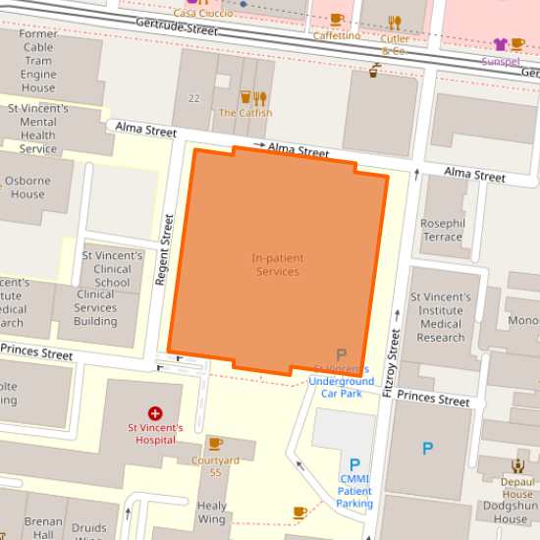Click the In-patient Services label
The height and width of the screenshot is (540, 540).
point(277,264)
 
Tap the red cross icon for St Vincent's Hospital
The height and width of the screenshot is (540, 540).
point(154,414)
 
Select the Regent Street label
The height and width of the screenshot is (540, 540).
point(165,250)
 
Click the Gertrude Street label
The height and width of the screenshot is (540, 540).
point(177,29)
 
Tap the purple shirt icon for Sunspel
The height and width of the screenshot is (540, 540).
point(501,44)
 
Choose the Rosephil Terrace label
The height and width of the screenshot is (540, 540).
point(441,230)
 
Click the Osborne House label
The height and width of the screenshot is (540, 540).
point(27,187)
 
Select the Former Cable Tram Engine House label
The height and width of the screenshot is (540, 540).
point(38,61)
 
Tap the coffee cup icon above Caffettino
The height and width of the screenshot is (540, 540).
point(337,20)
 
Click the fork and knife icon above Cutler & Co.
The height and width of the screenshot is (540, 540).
point(395,22)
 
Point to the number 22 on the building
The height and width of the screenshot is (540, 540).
point(193,98)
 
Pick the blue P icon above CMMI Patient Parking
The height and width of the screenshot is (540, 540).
point(354,464)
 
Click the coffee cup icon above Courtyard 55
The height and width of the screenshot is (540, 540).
point(216,444)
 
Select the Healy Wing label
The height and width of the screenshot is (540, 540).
point(212,513)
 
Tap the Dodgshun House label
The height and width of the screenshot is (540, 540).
point(511,513)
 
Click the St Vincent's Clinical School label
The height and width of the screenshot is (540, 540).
point(112,269)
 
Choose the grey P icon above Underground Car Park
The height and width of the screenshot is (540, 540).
point(342,354)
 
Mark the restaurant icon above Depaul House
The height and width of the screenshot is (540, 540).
point(517,465)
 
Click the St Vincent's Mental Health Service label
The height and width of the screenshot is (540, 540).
point(38,129)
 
